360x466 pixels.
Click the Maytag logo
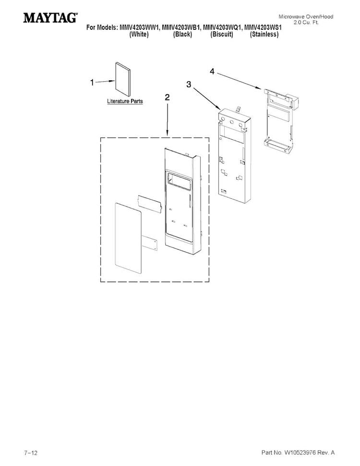[x=50, y=17]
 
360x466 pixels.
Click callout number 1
[x=92, y=82]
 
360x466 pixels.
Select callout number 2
[x=167, y=97]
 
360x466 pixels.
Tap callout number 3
[x=189, y=85]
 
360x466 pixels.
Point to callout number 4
[x=212, y=71]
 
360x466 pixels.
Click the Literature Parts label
[x=125, y=101]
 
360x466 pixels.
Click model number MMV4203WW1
[x=139, y=28]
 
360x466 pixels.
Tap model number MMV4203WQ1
[x=222, y=28]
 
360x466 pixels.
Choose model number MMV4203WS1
[x=263, y=28]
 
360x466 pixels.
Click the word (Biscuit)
[x=222, y=35]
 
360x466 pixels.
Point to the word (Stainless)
[x=264, y=35]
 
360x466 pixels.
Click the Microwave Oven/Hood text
[x=306, y=17]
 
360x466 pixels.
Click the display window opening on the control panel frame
[x=178, y=180]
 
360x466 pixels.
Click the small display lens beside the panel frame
[x=150, y=204]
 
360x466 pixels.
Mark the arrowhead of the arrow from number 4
[x=260, y=87]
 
